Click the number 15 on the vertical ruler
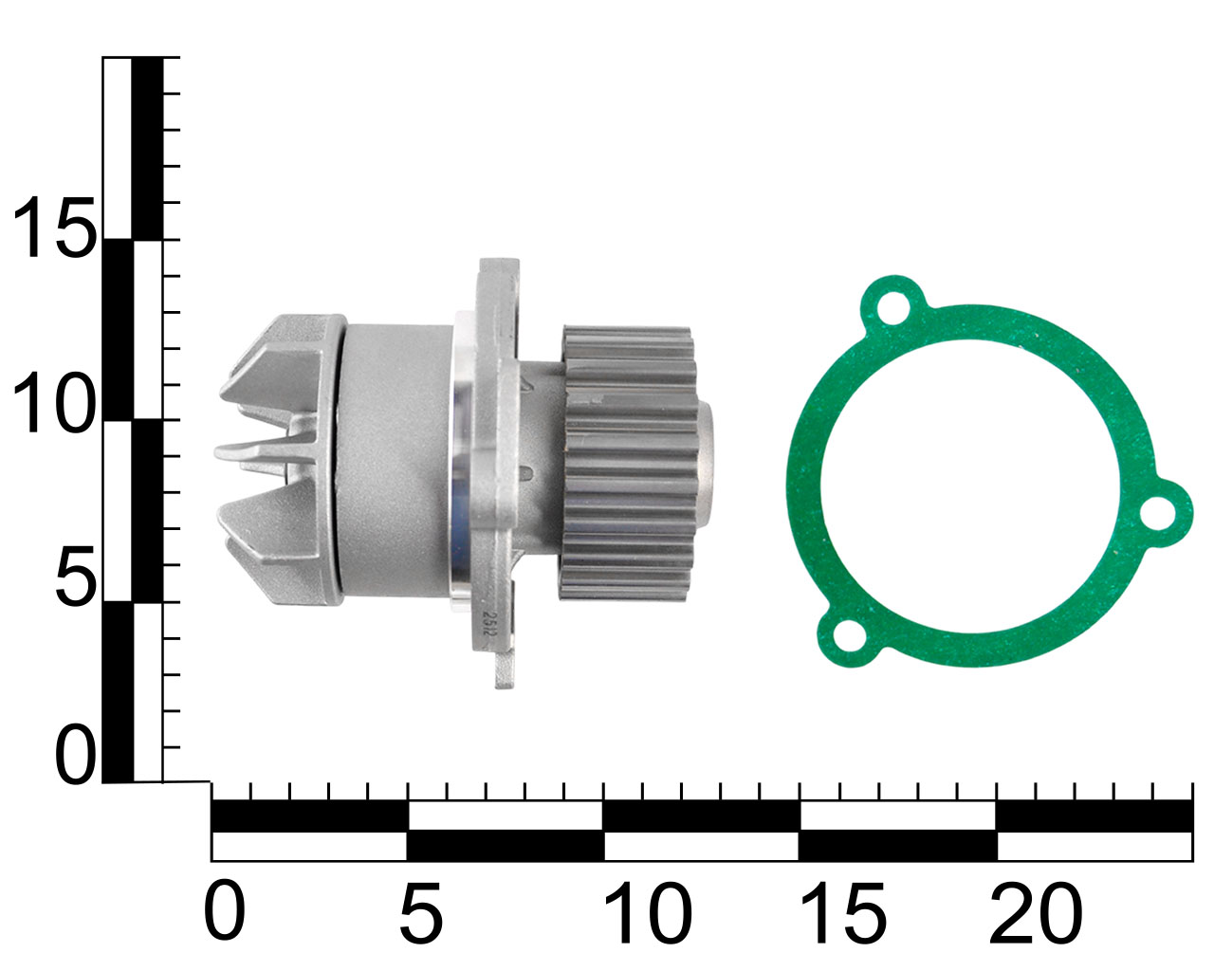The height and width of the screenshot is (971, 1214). click(x=55, y=228)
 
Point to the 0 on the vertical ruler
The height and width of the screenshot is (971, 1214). click(x=76, y=755)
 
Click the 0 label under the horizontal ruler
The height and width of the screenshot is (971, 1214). click(x=225, y=909)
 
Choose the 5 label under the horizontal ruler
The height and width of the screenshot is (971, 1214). click(x=421, y=909)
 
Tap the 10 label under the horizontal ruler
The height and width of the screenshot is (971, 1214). click(x=647, y=909)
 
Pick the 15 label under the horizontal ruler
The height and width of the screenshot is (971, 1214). click(x=843, y=909)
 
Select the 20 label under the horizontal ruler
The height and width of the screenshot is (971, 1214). click(x=1037, y=909)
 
